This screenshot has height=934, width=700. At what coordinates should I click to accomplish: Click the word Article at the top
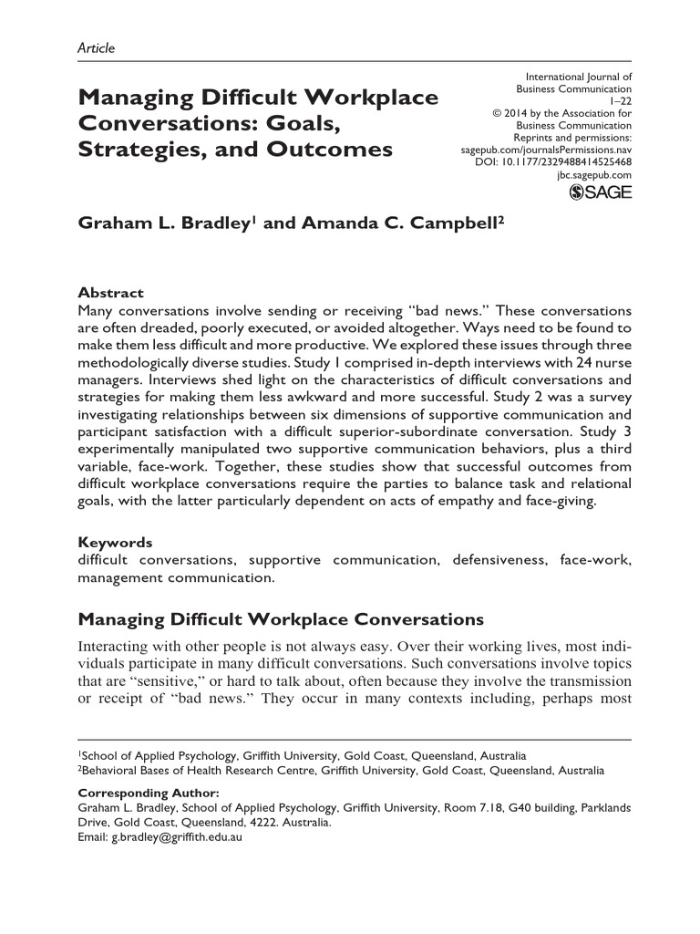(x=97, y=48)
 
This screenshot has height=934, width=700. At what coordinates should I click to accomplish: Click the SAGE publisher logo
(x=600, y=192)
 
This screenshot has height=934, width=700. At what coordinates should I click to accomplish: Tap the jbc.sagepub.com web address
(x=593, y=173)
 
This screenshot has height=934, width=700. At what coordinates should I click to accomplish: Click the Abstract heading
(x=111, y=293)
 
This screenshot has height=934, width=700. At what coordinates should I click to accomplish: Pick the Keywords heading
(x=116, y=542)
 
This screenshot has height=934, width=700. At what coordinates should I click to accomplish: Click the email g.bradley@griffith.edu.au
(x=176, y=835)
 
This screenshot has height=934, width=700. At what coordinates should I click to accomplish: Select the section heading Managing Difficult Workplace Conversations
(x=281, y=620)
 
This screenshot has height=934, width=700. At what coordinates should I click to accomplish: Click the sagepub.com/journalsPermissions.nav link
(x=541, y=149)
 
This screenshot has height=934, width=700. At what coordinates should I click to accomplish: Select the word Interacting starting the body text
(x=118, y=646)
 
